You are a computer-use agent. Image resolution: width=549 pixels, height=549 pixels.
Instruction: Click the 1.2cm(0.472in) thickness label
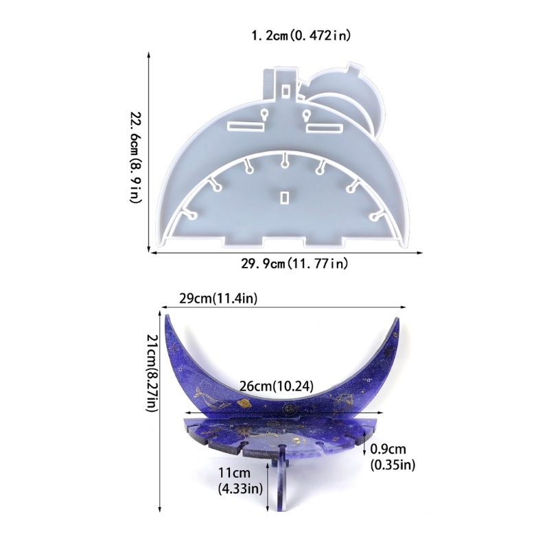click(x=301, y=36)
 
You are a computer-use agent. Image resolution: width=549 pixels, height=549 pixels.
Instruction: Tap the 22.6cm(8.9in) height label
click(x=136, y=157)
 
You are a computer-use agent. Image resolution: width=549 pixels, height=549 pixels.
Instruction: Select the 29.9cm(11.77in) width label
click(x=294, y=264)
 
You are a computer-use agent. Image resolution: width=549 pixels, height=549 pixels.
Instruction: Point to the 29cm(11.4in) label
click(x=218, y=299)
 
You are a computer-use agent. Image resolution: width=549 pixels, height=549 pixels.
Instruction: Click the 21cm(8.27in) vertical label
click(x=153, y=373)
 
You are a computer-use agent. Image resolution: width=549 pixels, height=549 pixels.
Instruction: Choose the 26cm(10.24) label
click(x=277, y=386)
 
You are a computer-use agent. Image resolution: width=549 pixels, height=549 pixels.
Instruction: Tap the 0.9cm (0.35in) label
click(x=393, y=457)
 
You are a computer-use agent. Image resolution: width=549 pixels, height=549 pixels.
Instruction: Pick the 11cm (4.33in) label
click(x=240, y=480)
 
